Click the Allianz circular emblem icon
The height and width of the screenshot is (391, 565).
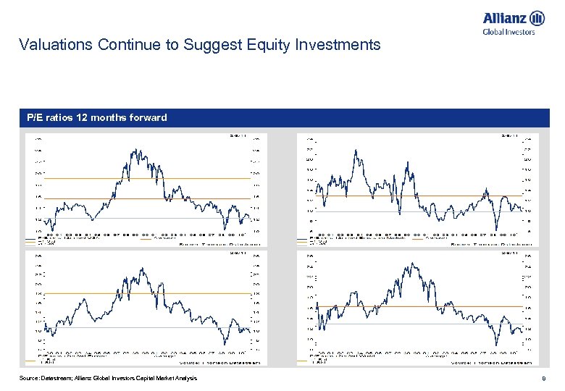(537, 17)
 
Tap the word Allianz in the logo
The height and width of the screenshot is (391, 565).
(504, 17)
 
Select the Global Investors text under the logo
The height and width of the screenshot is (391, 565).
(508, 31)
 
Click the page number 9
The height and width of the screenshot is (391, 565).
(543, 379)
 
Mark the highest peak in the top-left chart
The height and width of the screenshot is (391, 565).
(133, 150)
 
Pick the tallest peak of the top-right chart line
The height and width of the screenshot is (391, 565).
(355, 150)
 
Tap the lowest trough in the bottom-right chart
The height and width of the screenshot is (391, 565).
(497, 345)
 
